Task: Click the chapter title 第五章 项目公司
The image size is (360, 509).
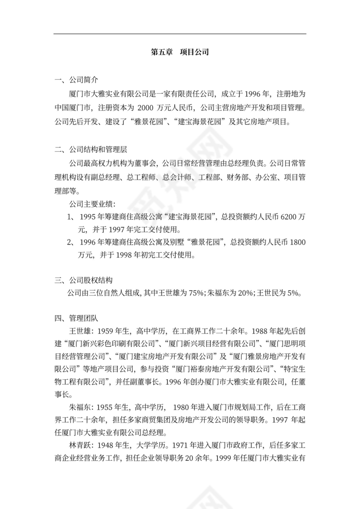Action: pyautogui.click(x=180, y=52)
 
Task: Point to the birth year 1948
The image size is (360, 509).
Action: pyautogui.click(x=106, y=445)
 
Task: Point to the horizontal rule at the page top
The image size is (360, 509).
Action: pyautogui.click(x=180, y=34)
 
